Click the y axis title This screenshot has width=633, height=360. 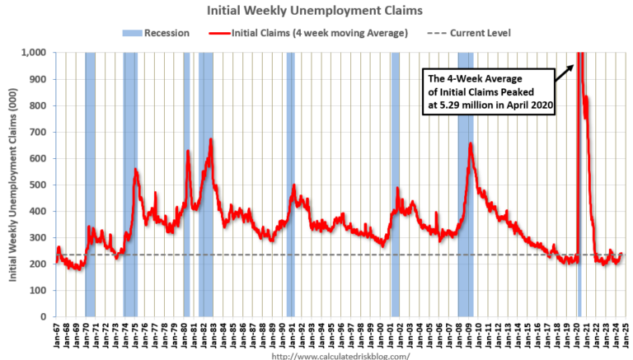(x=15, y=185)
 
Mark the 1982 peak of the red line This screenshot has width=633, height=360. (x=211, y=140)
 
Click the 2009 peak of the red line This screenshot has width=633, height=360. (x=471, y=144)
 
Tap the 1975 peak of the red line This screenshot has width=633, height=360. (x=135, y=170)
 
